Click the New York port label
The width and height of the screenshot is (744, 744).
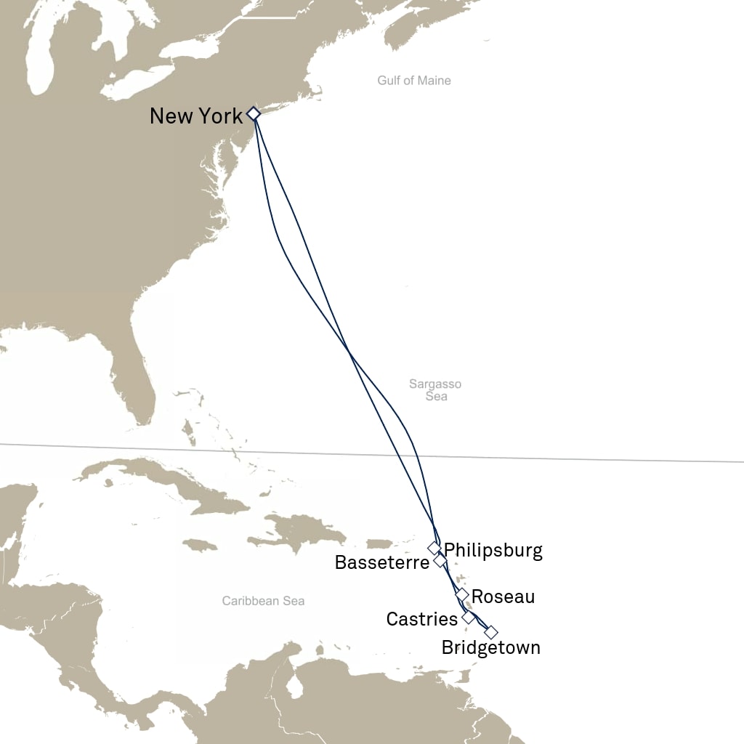pyautogui.click(x=195, y=116)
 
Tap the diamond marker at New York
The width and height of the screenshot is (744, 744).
pyautogui.click(x=253, y=113)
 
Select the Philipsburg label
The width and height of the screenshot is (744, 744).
pyautogui.click(x=493, y=550)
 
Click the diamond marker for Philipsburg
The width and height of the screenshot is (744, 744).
pyautogui.click(x=434, y=548)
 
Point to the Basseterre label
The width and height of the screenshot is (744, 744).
pyautogui.click(x=381, y=562)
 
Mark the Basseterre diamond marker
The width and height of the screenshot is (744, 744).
pyautogui.click(x=440, y=561)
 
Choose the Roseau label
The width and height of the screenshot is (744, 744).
pyautogui.click(x=503, y=597)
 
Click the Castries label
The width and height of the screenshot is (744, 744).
pyautogui.click(x=421, y=619)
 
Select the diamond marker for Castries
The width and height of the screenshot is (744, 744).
pyautogui.click(x=469, y=618)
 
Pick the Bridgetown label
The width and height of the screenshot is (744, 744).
pyautogui.click(x=490, y=647)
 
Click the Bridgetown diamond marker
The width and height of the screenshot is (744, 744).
pyautogui.click(x=491, y=632)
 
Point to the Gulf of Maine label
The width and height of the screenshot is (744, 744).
pyautogui.click(x=414, y=81)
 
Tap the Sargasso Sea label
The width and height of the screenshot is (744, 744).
pyautogui.click(x=435, y=390)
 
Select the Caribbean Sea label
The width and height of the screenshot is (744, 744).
pyautogui.click(x=263, y=601)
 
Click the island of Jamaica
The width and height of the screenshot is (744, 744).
pyautogui.click(x=199, y=545)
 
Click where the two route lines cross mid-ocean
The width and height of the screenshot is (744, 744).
pyautogui.click(x=349, y=354)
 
